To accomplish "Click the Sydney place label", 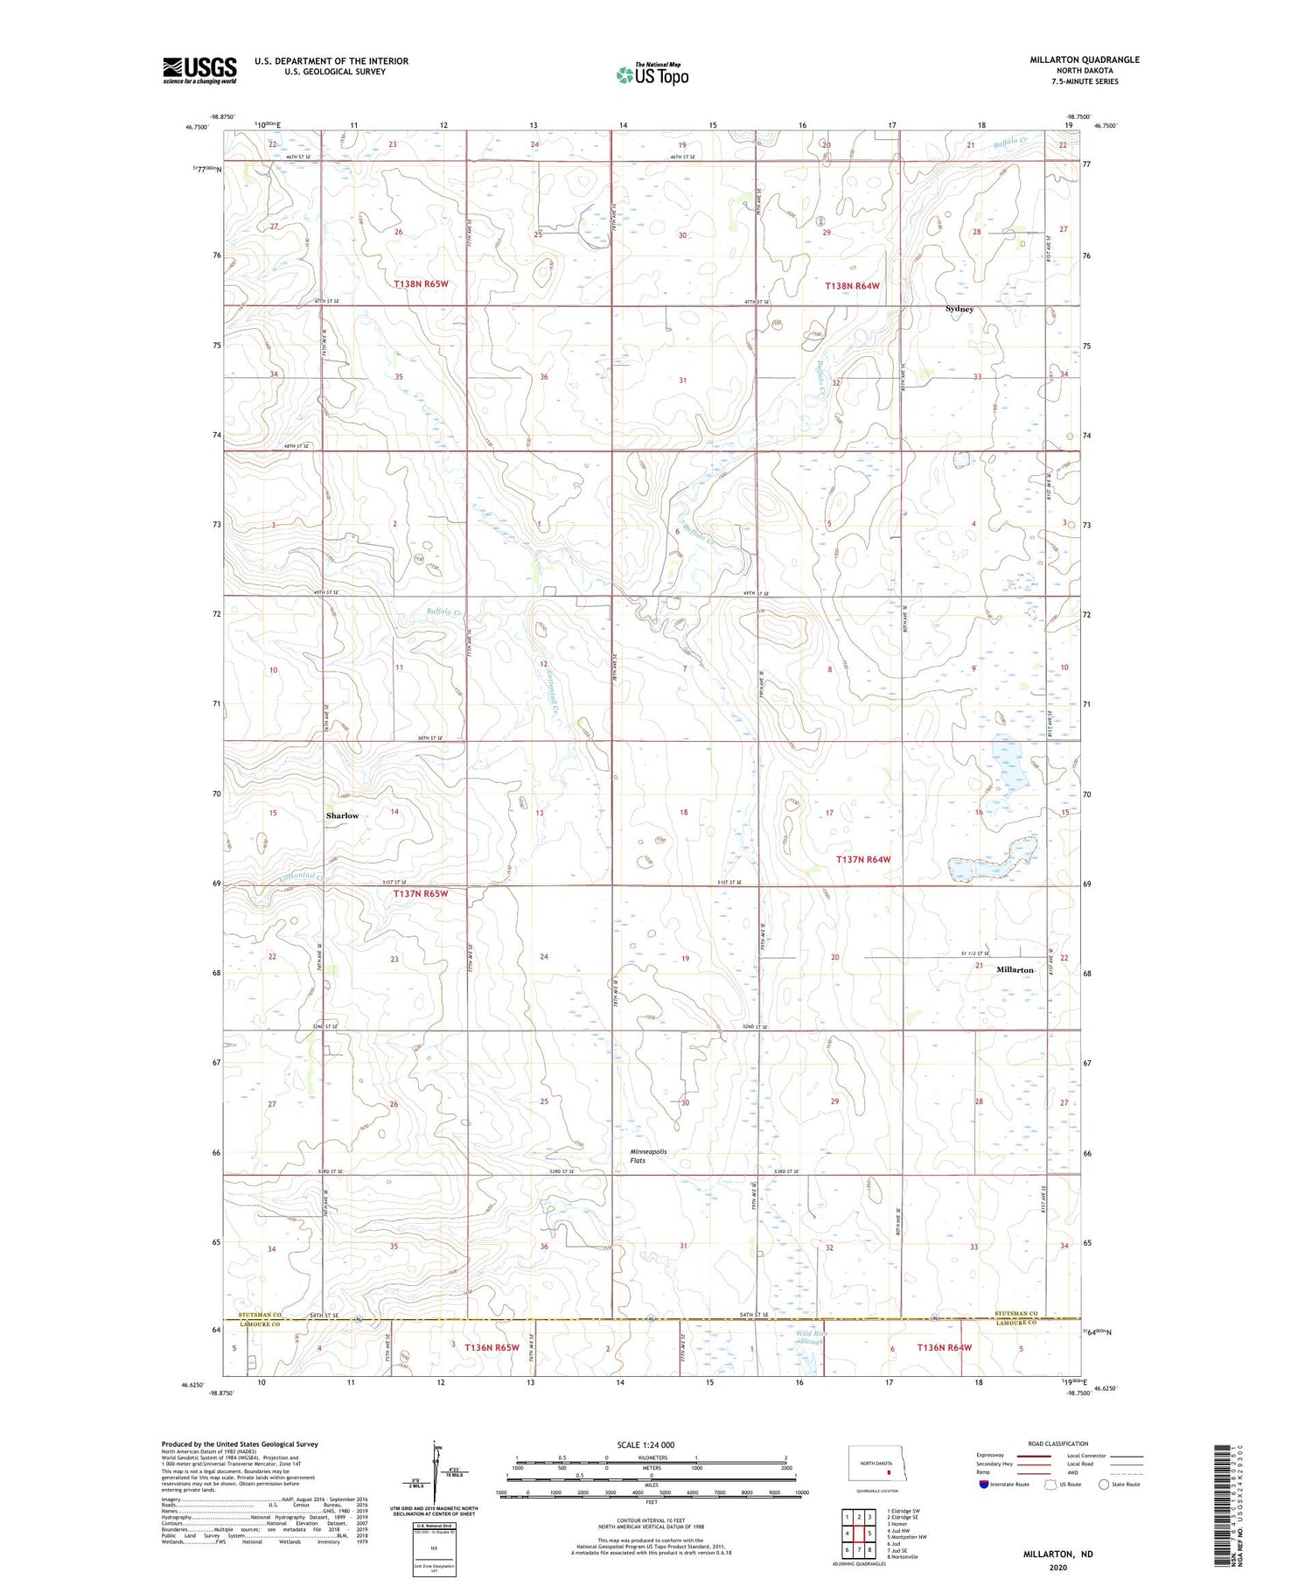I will coord(960,309).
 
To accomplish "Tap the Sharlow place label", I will coord(342,815).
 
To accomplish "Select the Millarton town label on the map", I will coord(1015,969).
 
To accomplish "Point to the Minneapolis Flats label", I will coord(648,1156).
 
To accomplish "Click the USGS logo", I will coord(199,70).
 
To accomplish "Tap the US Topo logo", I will coord(653,74).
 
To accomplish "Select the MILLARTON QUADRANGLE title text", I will coord(1085,59).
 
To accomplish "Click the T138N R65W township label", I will coord(421,284).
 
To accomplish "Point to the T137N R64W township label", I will coord(863,859).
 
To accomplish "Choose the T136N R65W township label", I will coord(492,1347).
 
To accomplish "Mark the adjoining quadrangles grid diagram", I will coord(858,1526).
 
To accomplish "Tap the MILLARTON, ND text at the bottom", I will coord(1057,1554).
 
